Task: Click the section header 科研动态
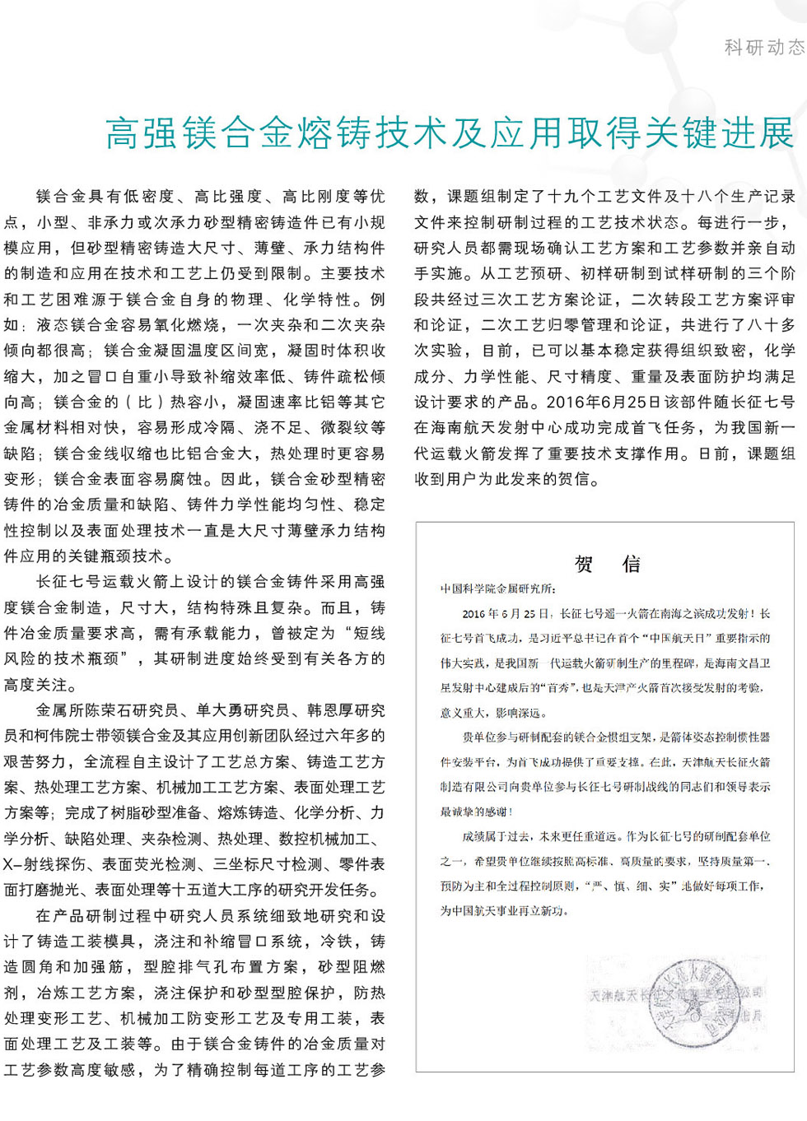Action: coord(763,47)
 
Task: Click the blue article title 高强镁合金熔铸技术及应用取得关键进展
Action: coord(450,133)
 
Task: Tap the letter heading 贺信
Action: coord(607,564)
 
